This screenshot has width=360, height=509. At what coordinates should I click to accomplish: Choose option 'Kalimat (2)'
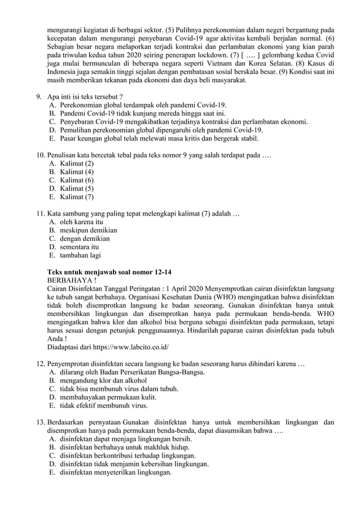(77, 163)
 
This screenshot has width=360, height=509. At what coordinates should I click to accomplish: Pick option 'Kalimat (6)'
(77, 180)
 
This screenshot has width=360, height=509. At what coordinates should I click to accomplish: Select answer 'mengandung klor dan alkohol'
(103, 380)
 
